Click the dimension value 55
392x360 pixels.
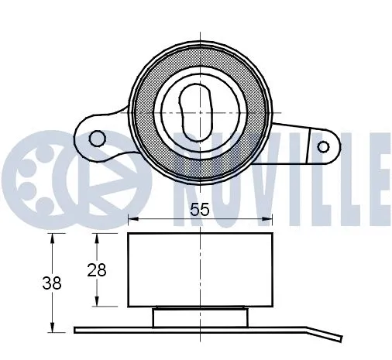point(199,208)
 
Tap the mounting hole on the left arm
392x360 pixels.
point(97,138)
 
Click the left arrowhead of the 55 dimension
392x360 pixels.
point(130,218)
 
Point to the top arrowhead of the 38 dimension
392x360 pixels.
point(52,236)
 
